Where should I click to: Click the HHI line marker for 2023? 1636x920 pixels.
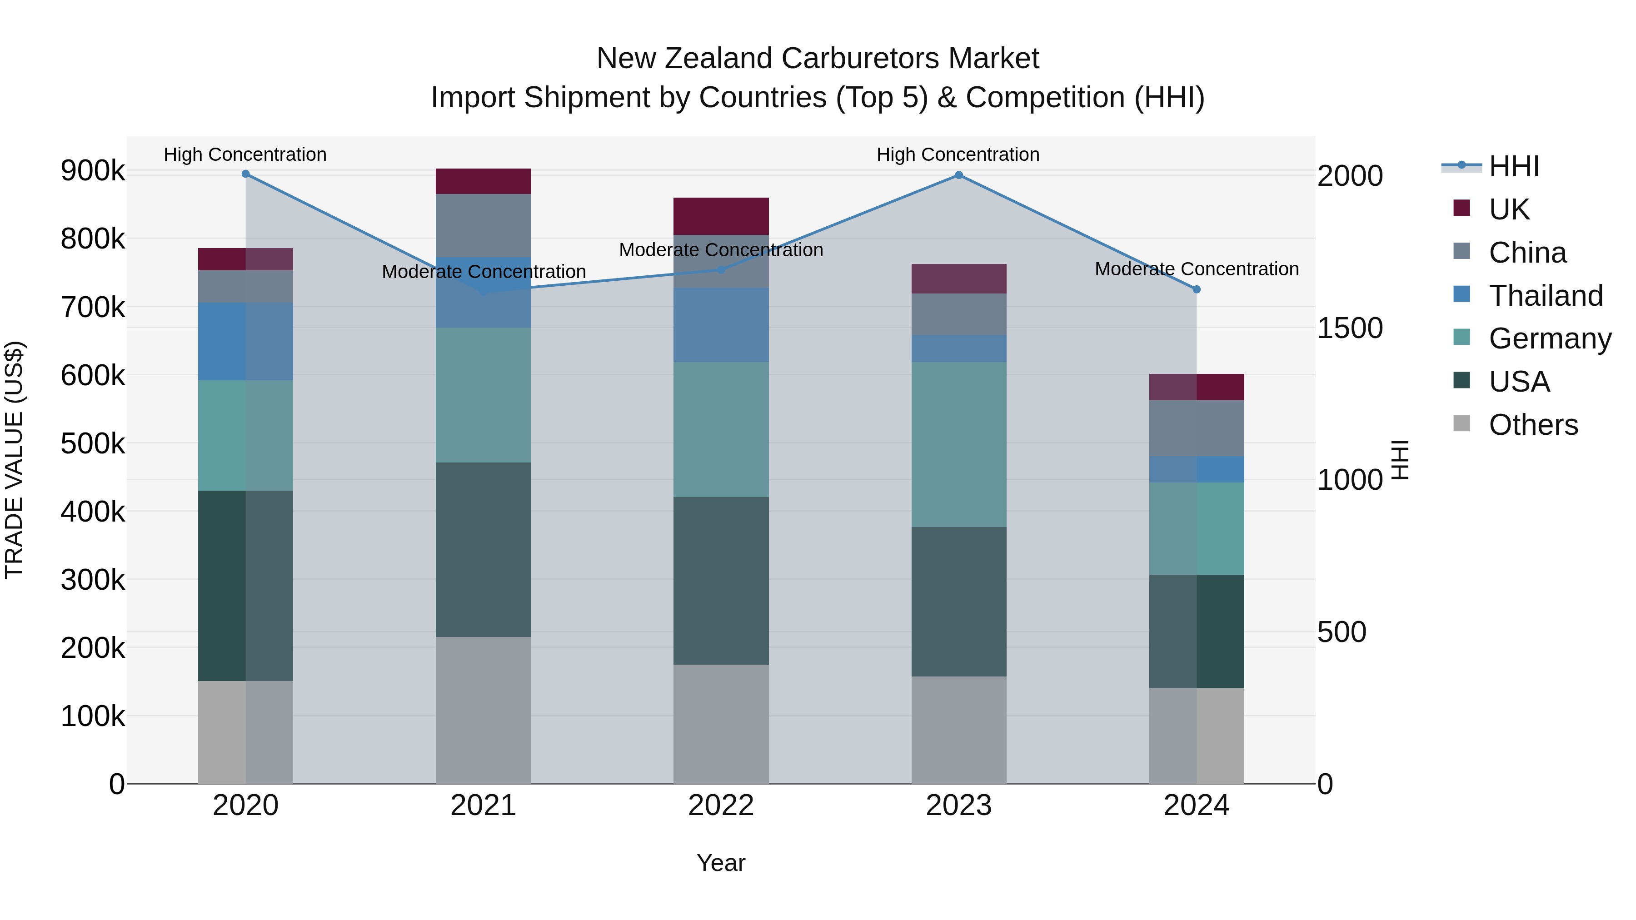958,175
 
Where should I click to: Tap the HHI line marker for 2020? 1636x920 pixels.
246,174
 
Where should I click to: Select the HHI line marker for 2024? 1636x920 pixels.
1197,289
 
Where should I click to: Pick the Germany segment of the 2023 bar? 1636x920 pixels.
958,444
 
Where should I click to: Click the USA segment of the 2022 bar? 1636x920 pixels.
721,581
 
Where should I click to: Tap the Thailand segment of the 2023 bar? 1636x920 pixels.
958,348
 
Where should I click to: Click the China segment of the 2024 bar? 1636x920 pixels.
1197,428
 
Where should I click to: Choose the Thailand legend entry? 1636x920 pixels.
1545,296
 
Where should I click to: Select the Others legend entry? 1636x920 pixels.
1532,425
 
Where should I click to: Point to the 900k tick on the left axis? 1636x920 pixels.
93,171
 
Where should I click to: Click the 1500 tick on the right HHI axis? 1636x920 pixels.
1350,328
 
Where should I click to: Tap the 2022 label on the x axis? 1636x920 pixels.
721,806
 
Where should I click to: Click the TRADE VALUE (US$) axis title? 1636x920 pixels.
14,460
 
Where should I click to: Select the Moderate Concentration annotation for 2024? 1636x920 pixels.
1197,269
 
